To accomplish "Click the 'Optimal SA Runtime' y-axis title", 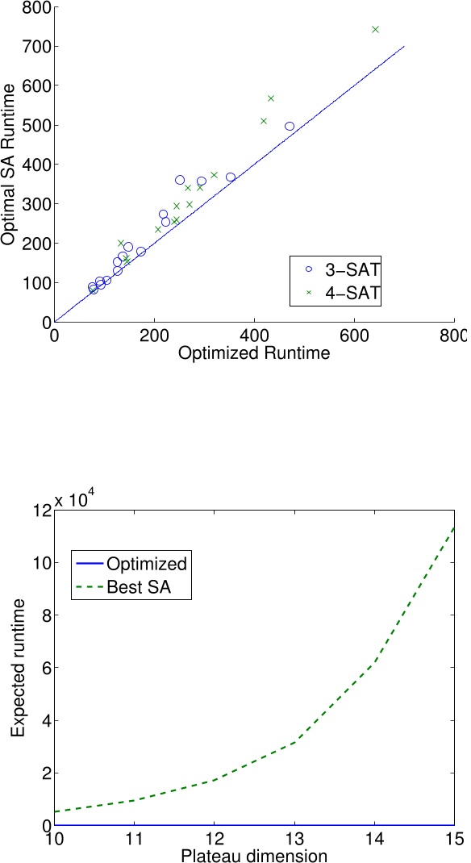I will (x=10, y=166).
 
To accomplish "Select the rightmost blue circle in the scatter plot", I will (x=290, y=126).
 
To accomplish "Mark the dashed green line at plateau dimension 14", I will (x=374, y=663).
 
